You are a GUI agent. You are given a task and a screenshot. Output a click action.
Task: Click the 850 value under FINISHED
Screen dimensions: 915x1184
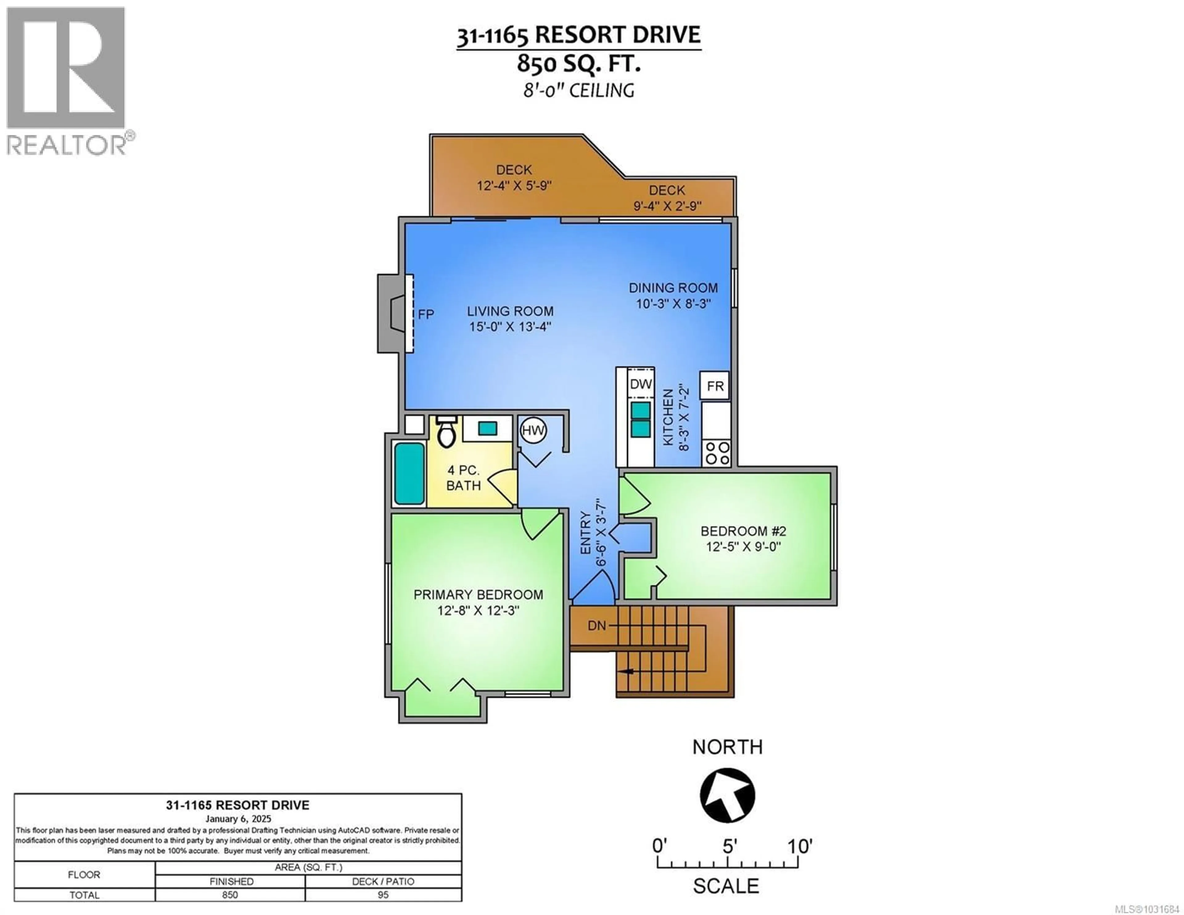(230, 895)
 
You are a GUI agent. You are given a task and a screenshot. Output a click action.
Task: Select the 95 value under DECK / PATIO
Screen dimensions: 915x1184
(383, 895)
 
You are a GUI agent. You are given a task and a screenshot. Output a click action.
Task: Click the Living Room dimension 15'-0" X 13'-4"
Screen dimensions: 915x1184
(510, 327)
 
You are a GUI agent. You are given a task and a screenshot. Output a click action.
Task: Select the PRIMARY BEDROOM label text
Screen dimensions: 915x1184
(478, 595)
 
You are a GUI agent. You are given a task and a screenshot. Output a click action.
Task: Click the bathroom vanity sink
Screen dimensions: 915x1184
(487, 428)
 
